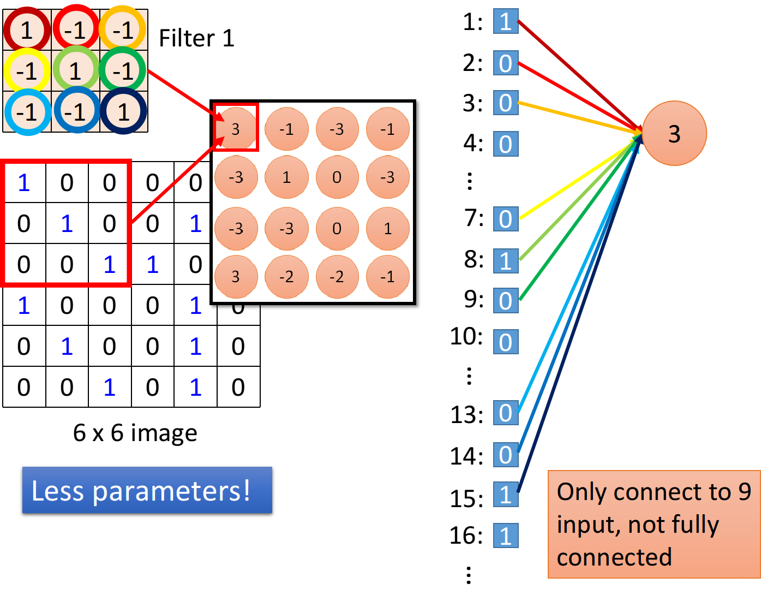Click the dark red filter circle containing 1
point(27,29)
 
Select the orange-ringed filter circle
point(123,29)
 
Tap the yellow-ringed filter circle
point(27,71)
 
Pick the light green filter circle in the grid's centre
point(75,71)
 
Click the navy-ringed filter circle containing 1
point(124,112)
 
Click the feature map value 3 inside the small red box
point(236,129)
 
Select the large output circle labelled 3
point(674,133)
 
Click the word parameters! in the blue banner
point(171,491)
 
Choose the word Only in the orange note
point(582,492)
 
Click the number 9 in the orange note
point(745,492)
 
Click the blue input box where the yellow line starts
point(506,219)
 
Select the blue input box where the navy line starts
point(506,494)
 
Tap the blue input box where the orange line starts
point(506,103)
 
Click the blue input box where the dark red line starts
point(506,21)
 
